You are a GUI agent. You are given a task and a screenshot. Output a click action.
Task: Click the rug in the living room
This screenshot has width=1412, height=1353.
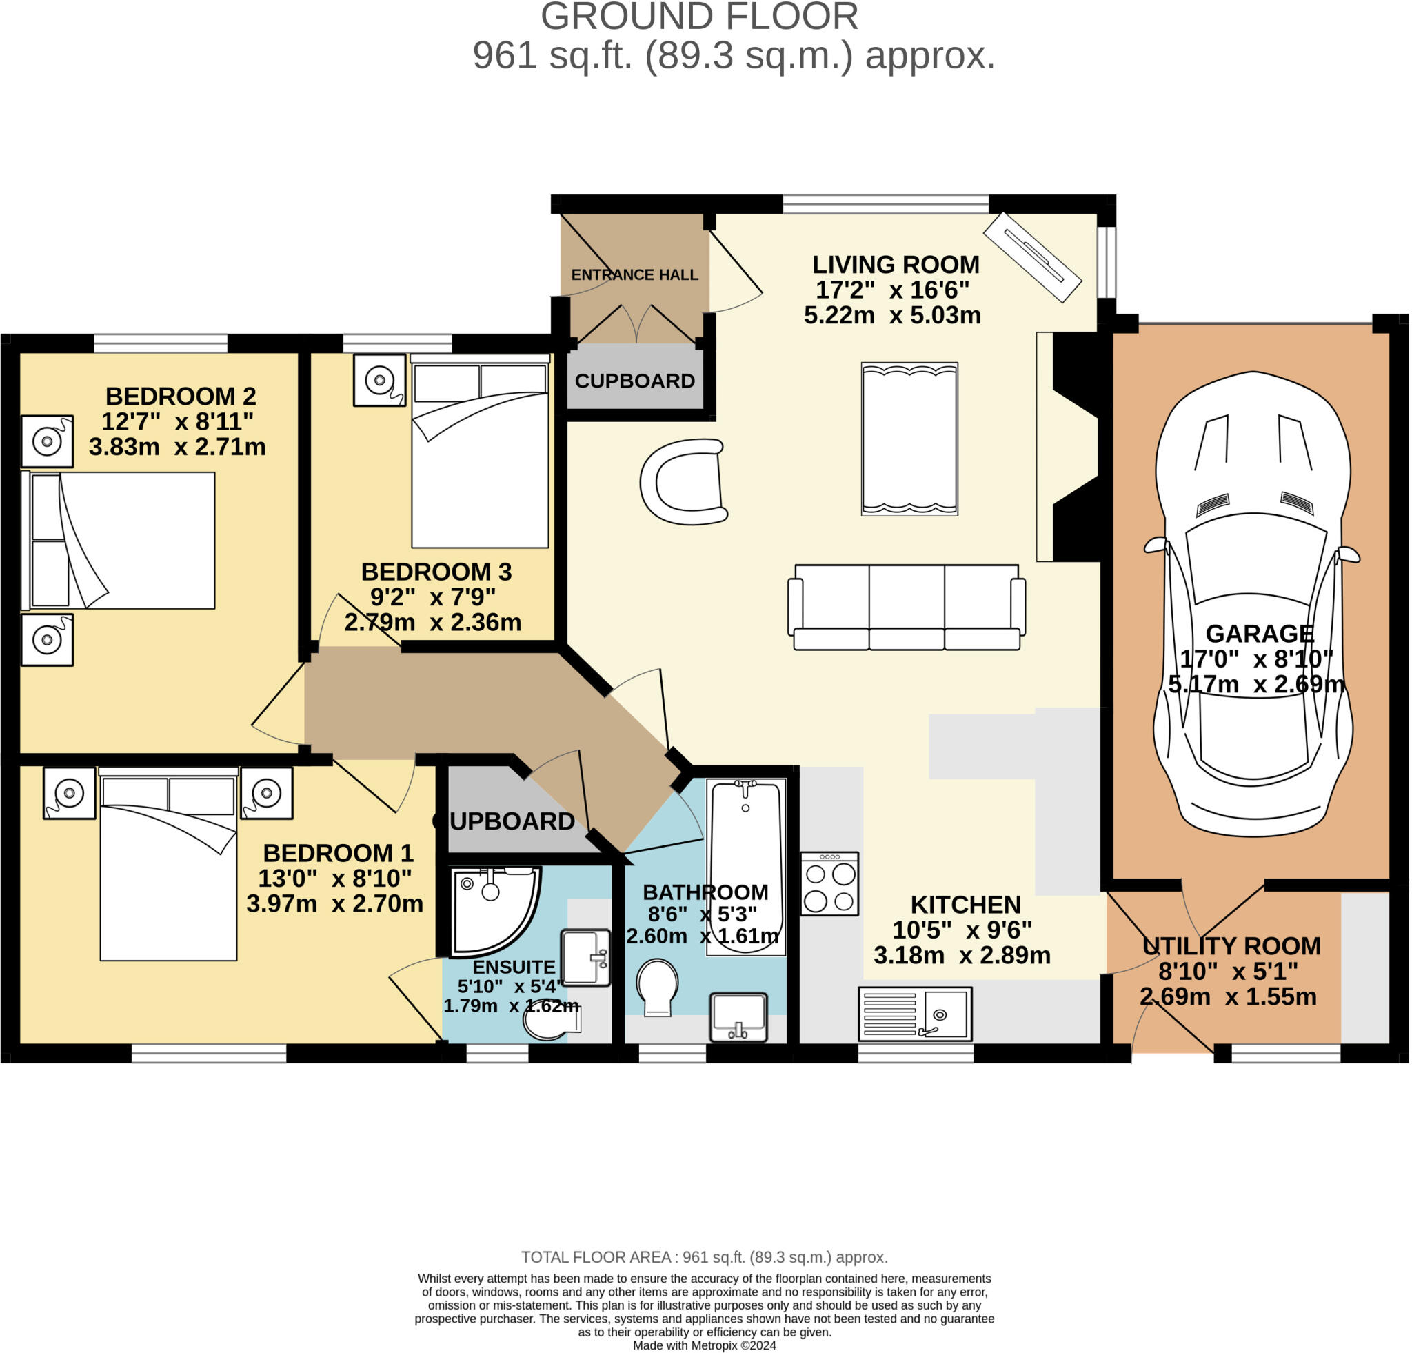909,439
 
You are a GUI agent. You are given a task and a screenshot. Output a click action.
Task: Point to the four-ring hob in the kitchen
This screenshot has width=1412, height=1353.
829,884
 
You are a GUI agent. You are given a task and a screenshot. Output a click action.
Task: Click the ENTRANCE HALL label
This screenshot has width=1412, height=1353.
634,275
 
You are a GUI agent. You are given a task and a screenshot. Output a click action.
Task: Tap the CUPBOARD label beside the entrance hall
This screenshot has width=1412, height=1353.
634,381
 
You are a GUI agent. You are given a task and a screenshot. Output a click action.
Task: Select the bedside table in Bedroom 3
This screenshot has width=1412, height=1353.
379,380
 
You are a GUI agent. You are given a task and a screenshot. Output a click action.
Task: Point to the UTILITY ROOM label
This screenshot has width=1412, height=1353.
1231,946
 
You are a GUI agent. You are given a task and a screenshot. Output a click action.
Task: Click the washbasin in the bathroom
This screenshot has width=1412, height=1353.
738,1016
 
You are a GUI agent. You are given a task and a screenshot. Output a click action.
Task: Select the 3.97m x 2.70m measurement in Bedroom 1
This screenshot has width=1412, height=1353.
334,903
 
